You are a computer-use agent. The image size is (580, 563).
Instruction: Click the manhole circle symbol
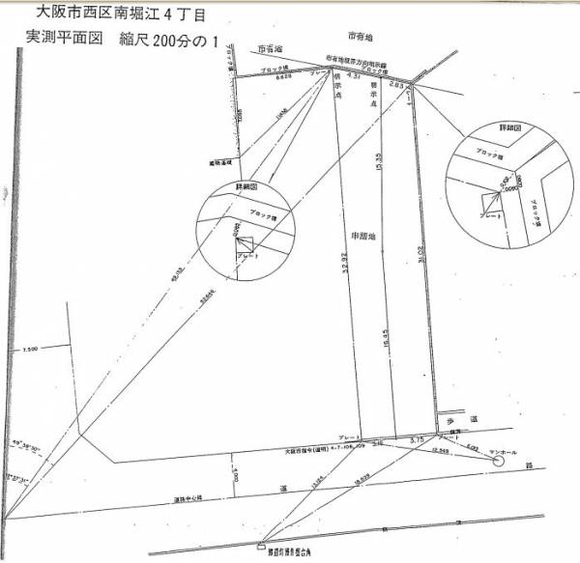(x=499, y=462)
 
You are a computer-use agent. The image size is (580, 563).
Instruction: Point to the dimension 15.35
(x=380, y=164)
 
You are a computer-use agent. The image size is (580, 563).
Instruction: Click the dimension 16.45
(x=386, y=341)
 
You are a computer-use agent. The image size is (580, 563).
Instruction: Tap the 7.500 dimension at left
(x=29, y=350)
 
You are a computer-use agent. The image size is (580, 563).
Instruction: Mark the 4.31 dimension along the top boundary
(x=353, y=74)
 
